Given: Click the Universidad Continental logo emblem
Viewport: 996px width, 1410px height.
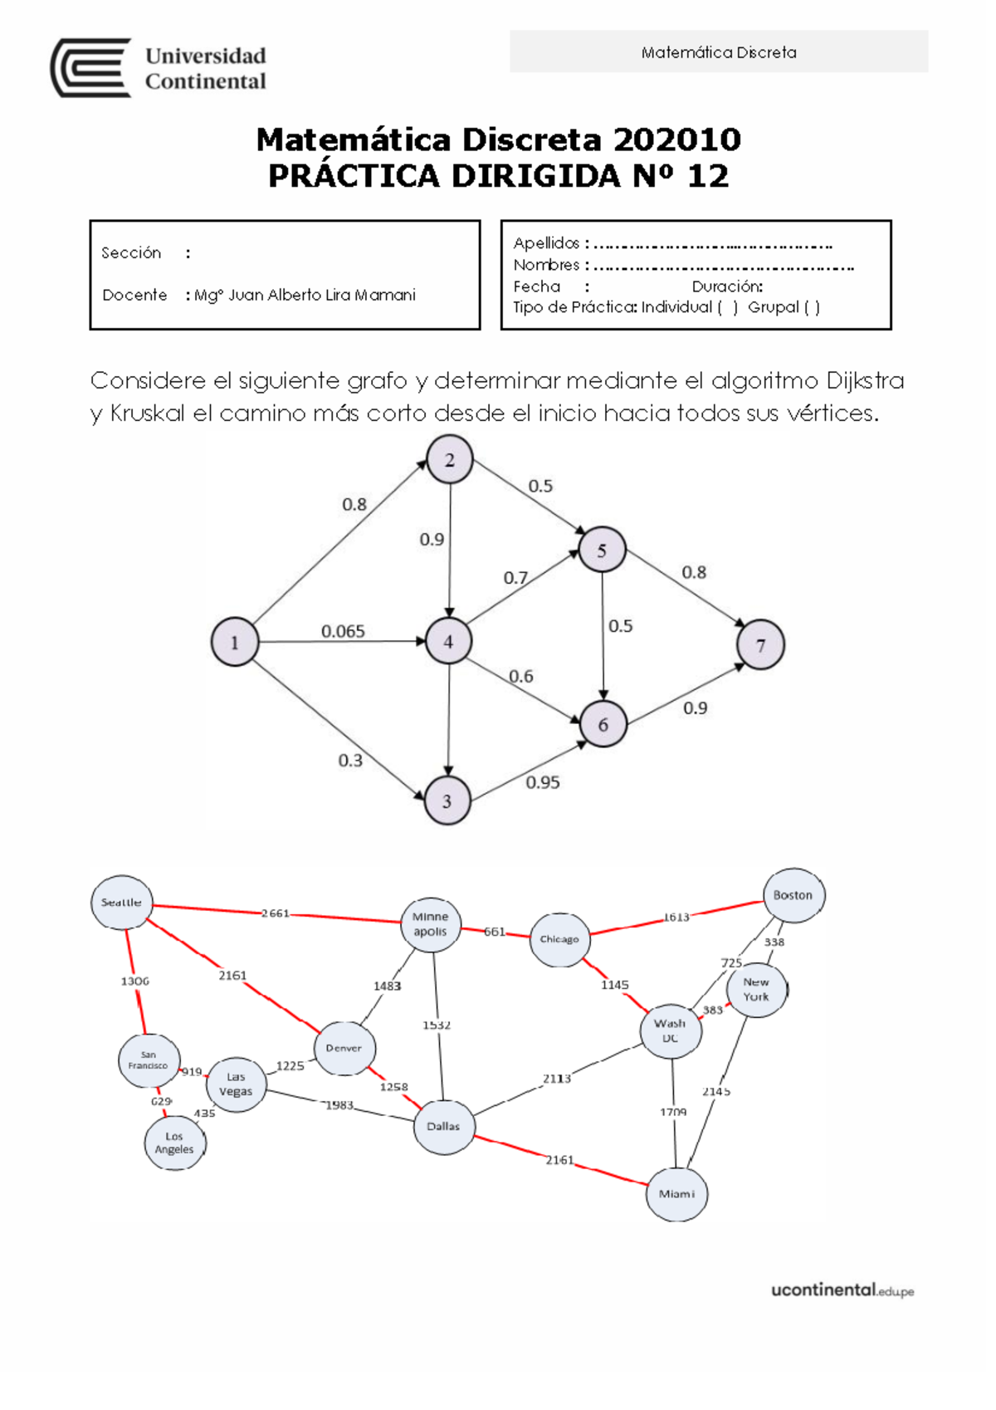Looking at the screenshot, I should pyautogui.click(x=90, y=68).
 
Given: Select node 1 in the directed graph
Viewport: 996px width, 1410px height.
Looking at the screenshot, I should pyautogui.click(x=235, y=642).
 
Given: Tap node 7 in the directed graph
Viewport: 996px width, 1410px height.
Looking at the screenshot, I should pyautogui.click(x=760, y=644).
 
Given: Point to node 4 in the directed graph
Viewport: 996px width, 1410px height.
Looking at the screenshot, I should pyautogui.click(x=449, y=641).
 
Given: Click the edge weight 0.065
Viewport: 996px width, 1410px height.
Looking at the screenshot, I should pyautogui.click(x=343, y=631).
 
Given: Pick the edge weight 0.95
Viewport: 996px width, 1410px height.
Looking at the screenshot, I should pyautogui.click(x=543, y=782).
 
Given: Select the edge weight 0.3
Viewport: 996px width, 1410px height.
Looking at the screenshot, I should pyautogui.click(x=350, y=760).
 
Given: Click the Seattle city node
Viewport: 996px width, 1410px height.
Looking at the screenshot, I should pyautogui.click(x=122, y=903).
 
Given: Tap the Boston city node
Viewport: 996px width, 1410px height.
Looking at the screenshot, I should pyautogui.click(x=793, y=895).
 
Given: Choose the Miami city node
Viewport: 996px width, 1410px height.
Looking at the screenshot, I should pyautogui.click(x=676, y=1194).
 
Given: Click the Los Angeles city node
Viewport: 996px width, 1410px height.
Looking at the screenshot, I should pyautogui.click(x=174, y=1143).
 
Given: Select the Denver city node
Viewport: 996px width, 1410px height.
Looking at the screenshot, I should pyautogui.click(x=344, y=1048).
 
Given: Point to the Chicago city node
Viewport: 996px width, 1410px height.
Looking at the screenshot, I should pyautogui.click(x=559, y=939).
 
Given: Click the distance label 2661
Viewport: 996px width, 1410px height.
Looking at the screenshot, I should pyautogui.click(x=276, y=913).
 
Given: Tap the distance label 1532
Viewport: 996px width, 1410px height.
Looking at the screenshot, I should pyautogui.click(x=437, y=1026).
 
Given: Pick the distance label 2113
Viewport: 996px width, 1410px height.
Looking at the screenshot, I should pyautogui.click(x=557, y=1079).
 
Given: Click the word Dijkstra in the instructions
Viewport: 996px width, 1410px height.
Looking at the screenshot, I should pyautogui.click(x=865, y=380).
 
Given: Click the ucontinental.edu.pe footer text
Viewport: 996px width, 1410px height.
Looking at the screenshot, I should pyautogui.click(x=842, y=1290).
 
